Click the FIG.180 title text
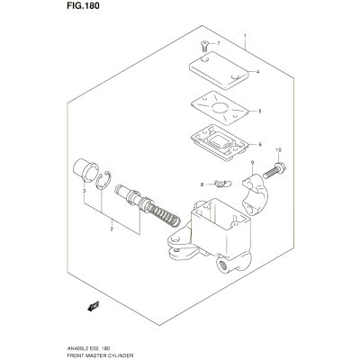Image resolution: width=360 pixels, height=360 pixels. [x=84, y=6]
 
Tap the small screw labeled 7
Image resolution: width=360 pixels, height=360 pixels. [x=203, y=47]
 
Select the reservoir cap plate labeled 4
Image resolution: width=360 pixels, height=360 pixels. [x=219, y=70]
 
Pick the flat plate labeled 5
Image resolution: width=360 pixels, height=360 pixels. [x=220, y=108]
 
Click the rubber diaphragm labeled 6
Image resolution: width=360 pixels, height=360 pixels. [x=220, y=142]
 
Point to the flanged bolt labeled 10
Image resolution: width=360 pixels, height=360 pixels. [x=274, y=170]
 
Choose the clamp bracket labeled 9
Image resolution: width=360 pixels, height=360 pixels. [x=256, y=194]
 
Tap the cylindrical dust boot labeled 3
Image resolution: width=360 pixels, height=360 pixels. [x=85, y=170]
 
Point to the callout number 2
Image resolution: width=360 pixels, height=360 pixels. [x=112, y=229]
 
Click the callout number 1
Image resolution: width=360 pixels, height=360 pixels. [x=245, y=36]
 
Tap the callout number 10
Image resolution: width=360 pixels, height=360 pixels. [x=278, y=149]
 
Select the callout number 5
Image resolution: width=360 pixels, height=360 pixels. [x=260, y=112]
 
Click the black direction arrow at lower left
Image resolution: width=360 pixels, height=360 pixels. [x=94, y=306]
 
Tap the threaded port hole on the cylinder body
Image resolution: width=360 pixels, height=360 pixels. [x=222, y=265]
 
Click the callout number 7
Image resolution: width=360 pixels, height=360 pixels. [x=219, y=43]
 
